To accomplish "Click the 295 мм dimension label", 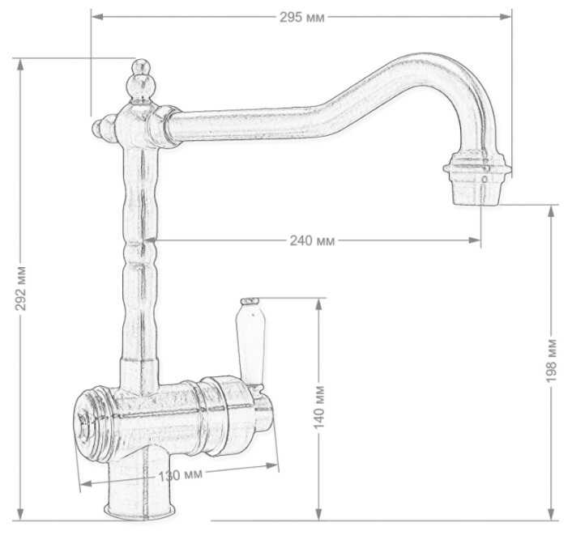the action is click(301, 17).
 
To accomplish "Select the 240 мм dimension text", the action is click(312, 240).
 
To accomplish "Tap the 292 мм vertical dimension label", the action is click(21, 288).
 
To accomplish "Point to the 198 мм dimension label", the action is click(551, 360).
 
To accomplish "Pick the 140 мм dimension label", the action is click(318, 408).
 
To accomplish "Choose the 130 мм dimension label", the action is click(180, 474).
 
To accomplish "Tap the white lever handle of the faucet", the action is click(250, 340).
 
